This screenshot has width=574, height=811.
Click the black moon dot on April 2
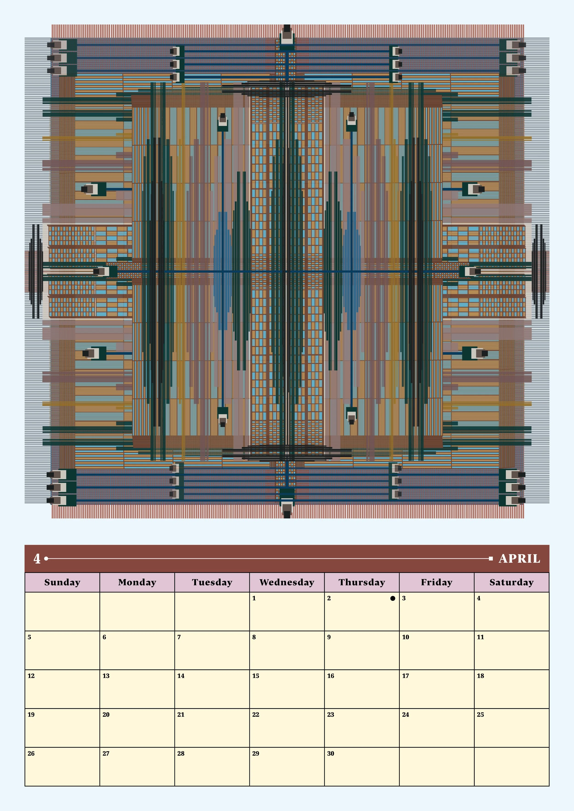[393, 598]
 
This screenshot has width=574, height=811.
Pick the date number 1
[254, 598]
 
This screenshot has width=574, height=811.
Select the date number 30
[330, 753]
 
